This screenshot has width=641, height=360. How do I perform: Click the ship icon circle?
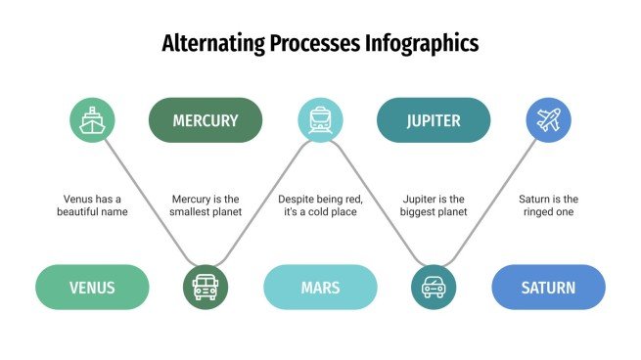point(92,120)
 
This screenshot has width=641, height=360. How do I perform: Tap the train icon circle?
point(320,120)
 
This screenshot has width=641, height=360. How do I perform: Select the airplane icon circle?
point(548,120)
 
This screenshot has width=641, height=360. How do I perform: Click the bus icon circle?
point(206,288)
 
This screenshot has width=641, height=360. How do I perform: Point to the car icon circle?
point(434,288)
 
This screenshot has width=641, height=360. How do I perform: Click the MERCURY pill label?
point(206,120)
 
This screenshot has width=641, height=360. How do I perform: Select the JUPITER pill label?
point(434,120)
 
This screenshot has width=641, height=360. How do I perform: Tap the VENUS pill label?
point(92,288)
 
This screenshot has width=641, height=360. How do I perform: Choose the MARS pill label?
point(320,288)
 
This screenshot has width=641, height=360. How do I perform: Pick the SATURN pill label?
point(548,288)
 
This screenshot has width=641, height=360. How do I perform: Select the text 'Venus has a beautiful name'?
point(92,204)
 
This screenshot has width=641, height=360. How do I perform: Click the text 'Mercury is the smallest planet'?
point(206,204)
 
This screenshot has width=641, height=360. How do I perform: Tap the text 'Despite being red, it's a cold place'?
point(320,204)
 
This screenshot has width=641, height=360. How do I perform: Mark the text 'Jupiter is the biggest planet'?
point(434,204)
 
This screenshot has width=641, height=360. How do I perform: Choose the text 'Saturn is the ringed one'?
point(548,204)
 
